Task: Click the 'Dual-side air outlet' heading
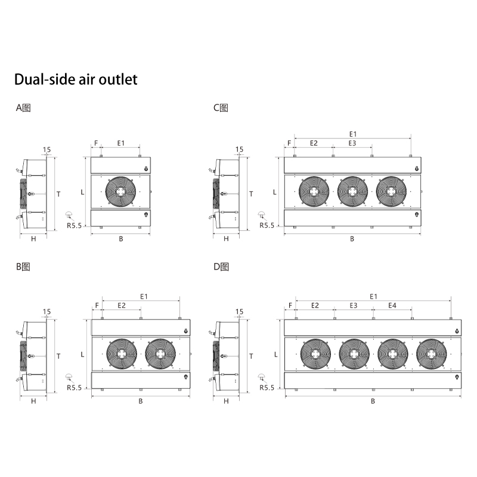[76, 79]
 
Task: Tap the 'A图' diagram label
[23, 108]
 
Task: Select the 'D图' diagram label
[221, 267]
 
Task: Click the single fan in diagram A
[120, 191]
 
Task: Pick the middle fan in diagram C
[352, 191]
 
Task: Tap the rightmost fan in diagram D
[431, 354]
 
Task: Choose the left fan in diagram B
[122, 354]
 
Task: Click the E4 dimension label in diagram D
[392, 305]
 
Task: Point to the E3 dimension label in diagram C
[352, 143]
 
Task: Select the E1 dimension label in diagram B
[144, 296]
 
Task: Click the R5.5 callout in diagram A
[74, 225]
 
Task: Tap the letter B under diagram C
[352, 239]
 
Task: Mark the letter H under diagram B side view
[33, 401]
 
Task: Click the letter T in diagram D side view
[251, 356]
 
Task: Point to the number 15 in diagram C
[240, 150]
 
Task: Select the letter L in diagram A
[82, 192]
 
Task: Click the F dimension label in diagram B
[97, 305]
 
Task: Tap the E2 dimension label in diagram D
[315, 305]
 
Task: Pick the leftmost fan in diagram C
[314, 191]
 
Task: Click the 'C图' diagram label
[221, 108]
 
